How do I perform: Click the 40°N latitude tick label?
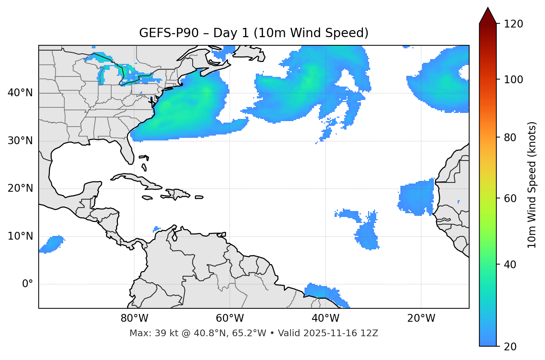(20, 93)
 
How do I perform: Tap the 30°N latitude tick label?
(20, 141)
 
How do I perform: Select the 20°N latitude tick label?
(20, 188)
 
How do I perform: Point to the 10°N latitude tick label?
(20, 236)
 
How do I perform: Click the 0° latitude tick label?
(28, 284)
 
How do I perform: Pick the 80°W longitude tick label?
(134, 318)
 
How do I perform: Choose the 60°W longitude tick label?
(230, 318)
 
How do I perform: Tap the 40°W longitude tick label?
(325, 318)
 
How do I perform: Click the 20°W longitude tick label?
(421, 318)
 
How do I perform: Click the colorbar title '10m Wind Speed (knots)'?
(532, 185)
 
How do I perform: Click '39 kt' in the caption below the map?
(162, 333)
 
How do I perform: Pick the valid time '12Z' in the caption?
(369, 333)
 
